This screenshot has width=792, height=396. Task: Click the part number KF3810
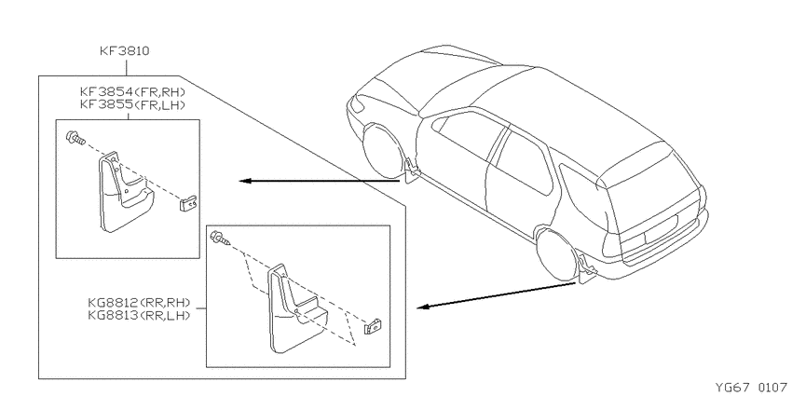pyautogui.click(x=124, y=51)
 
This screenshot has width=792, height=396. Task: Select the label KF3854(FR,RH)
pyautogui.click(x=133, y=92)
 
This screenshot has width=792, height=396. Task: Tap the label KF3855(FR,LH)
pyautogui.click(x=133, y=105)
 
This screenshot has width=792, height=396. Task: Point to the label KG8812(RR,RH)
pyautogui.click(x=139, y=303)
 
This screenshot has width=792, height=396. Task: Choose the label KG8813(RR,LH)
pyautogui.click(x=139, y=315)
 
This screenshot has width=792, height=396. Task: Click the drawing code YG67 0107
pyautogui.click(x=750, y=388)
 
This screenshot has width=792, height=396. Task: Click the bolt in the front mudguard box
pyautogui.click(x=75, y=138)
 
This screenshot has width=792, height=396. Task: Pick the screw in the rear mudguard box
pyautogui.click(x=221, y=238)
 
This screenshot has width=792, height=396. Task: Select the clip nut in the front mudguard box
pyautogui.click(x=189, y=203)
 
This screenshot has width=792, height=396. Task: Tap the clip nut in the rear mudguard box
pyautogui.click(x=373, y=327)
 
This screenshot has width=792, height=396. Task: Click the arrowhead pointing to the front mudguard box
pyautogui.click(x=245, y=181)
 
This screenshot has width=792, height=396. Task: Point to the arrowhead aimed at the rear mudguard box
pyautogui.click(x=423, y=307)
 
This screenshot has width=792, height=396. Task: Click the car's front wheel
pyautogui.click(x=382, y=151)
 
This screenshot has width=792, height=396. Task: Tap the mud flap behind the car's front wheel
pyautogui.click(x=412, y=171)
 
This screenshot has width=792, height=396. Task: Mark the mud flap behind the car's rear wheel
pyautogui.click(x=587, y=269)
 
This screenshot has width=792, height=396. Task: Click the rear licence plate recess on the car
pyautogui.click(x=661, y=226)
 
